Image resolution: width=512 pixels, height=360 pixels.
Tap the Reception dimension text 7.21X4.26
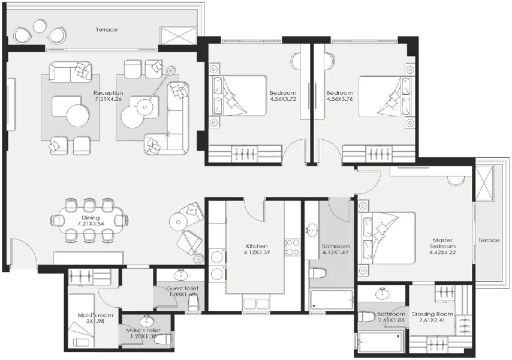[108, 100]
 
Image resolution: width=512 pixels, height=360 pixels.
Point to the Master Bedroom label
[443, 243]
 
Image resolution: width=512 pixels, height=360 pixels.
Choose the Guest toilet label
[183, 288]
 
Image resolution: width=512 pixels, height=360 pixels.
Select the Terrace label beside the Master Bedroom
[489, 240]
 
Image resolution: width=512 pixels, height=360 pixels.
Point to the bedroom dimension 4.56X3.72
[282, 100]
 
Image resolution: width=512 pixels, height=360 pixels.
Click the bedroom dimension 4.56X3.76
[339, 100]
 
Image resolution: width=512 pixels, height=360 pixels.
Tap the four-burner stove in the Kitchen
[291, 247]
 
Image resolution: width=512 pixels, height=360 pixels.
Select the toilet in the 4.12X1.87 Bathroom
[318, 273]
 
